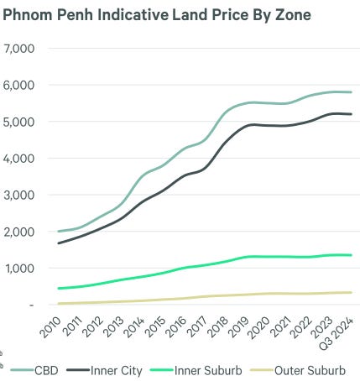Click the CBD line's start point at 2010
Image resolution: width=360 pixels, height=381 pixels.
pos(58,231)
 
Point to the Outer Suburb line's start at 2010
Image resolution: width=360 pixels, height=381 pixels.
pos(58,303)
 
